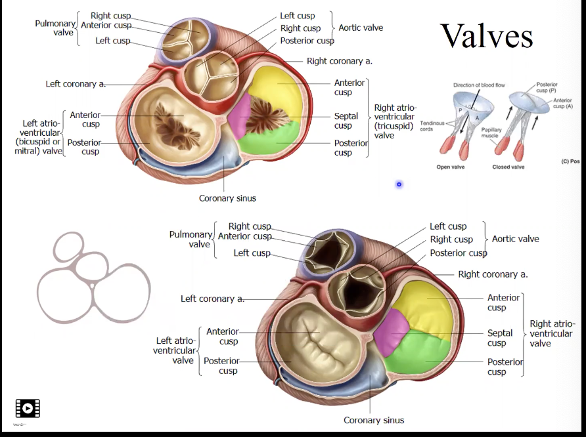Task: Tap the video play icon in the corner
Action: tap(28, 408)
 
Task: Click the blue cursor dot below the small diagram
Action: tap(399, 184)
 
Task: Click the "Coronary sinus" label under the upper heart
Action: tap(227, 198)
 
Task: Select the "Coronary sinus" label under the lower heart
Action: tap(374, 420)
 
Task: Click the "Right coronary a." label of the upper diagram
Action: tap(340, 61)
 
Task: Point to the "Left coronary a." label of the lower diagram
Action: tap(212, 299)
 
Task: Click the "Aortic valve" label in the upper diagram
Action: tap(361, 28)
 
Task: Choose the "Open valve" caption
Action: tap(452, 167)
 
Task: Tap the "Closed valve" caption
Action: tap(508, 167)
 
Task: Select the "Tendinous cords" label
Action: tap(432, 125)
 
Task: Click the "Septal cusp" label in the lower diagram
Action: tap(499, 338)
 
